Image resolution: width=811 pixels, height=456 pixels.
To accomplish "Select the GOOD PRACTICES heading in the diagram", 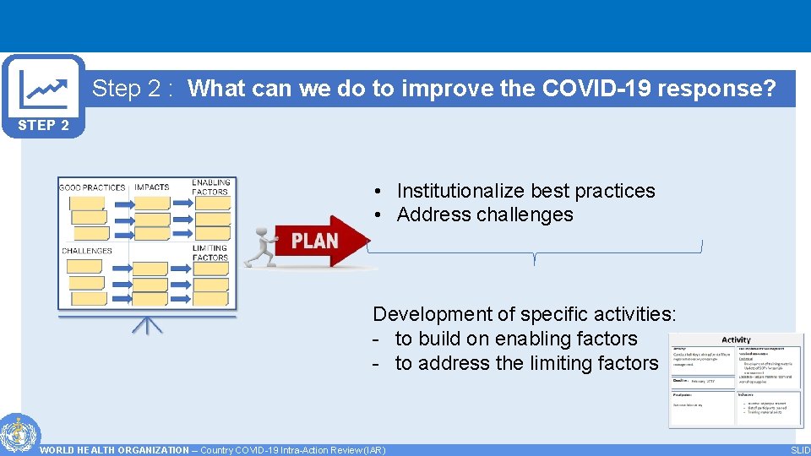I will (x=92, y=187).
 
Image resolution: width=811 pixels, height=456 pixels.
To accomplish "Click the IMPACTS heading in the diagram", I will (x=151, y=187).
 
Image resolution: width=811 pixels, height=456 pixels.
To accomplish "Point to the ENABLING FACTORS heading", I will (x=210, y=187).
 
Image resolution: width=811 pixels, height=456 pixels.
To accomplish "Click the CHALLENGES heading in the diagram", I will (x=87, y=251).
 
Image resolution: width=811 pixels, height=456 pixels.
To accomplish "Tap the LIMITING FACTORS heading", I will (x=210, y=252).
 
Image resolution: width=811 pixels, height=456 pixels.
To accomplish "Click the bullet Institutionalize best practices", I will (x=525, y=191).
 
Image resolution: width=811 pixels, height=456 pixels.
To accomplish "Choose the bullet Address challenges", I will (x=485, y=214).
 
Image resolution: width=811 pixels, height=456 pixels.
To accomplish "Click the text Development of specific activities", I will (x=525, y=314).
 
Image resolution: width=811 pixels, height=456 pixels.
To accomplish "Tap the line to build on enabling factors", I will (x=515, y=339).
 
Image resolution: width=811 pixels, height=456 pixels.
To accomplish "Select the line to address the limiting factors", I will (x=525, y=363).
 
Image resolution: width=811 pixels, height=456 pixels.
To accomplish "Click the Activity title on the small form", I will (x=736, y=339).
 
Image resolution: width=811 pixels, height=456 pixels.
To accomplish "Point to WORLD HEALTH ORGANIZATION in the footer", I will (x=114, y=450).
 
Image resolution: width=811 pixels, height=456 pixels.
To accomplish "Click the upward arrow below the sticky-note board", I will (x=147, y=326).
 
